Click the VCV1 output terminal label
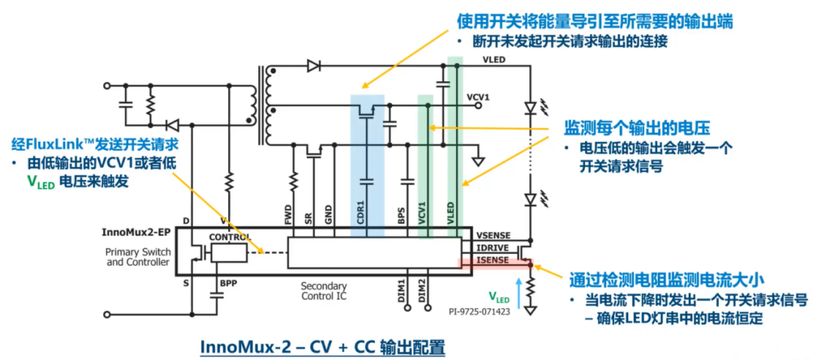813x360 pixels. coord(478,96)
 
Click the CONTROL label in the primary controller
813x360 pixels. coord(230,237)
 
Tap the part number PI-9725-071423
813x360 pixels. coord(479,313)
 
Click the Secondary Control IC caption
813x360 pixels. coord(324,291)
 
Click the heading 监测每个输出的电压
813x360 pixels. coord(636,127)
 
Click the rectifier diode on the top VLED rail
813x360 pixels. coord(313,66)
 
